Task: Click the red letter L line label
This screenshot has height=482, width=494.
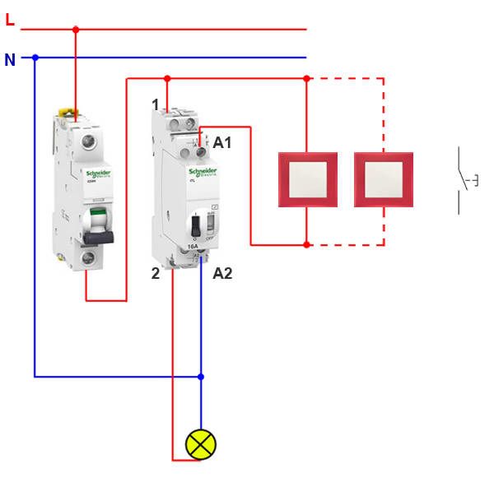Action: click(x=10, y=19)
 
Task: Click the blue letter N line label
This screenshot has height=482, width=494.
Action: click(x=10, y=59)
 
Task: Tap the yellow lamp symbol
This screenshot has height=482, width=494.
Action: click(x=200, y=445)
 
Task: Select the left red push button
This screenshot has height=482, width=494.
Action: click(x=307, y=178)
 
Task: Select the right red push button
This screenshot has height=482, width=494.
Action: click(x=383, y=178)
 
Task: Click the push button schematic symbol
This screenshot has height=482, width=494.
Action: click(x=465, y=180)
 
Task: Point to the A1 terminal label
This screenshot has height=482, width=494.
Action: click(x=222, y=143)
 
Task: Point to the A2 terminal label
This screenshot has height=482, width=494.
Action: click(x=222, y=273)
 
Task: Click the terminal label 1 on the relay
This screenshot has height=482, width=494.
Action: click(x=155, y=104)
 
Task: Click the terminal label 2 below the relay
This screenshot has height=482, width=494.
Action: click(x=156, y=273)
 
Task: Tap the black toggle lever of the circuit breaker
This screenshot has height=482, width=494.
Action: click(x=96, y=235)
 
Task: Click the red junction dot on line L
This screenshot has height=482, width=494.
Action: click(x=76, y=30)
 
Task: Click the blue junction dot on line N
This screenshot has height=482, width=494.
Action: click(x=35, y=58)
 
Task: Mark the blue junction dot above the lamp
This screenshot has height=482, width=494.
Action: click(x=201, y=377)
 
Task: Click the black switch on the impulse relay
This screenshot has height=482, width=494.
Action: click(x=196, y=226)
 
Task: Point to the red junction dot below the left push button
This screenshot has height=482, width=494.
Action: click(x=306, y=244)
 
